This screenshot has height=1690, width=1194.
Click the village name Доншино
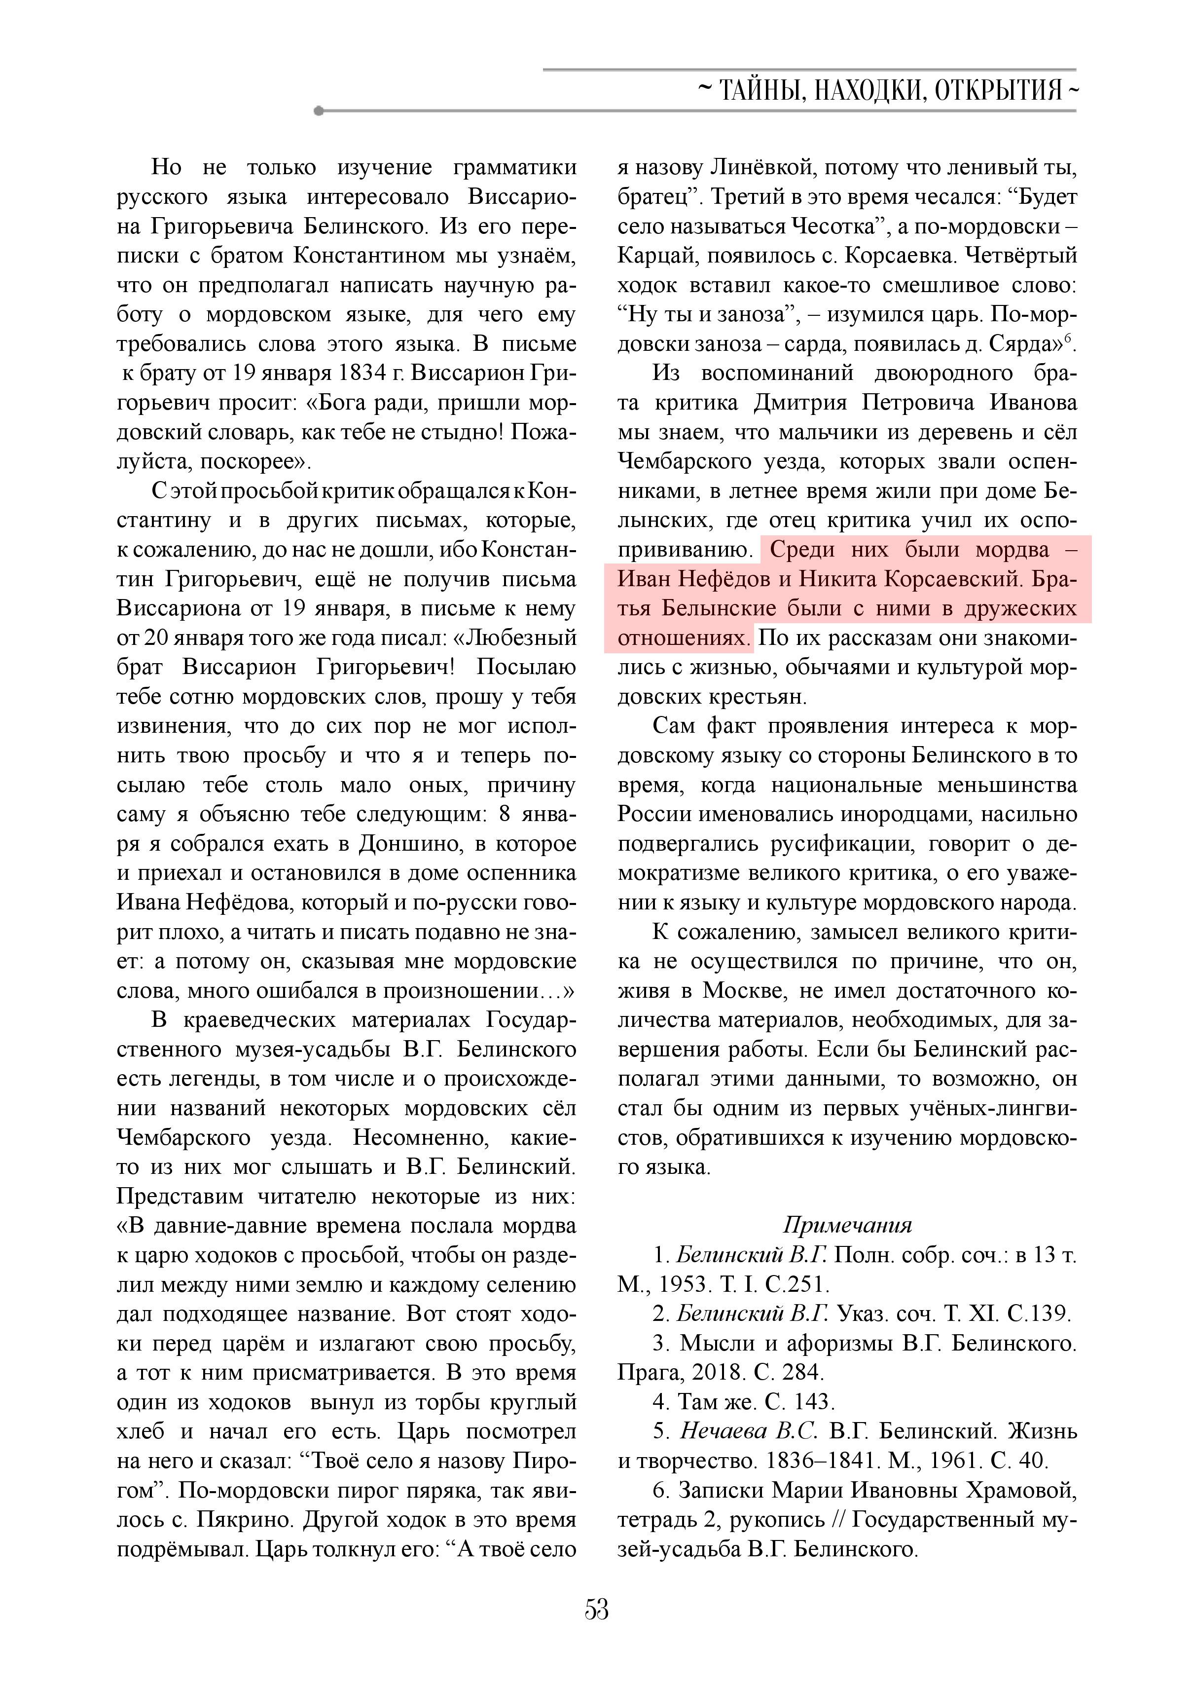[404, 844]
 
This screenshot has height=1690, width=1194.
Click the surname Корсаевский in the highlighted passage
[951, 579]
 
